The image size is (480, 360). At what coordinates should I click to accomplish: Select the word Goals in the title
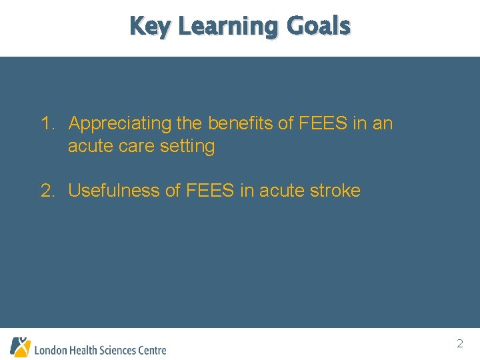318,26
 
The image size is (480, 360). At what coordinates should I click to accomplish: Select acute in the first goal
89,146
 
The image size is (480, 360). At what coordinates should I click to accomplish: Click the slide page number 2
460,344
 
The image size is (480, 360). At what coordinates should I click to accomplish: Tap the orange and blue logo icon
20,347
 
